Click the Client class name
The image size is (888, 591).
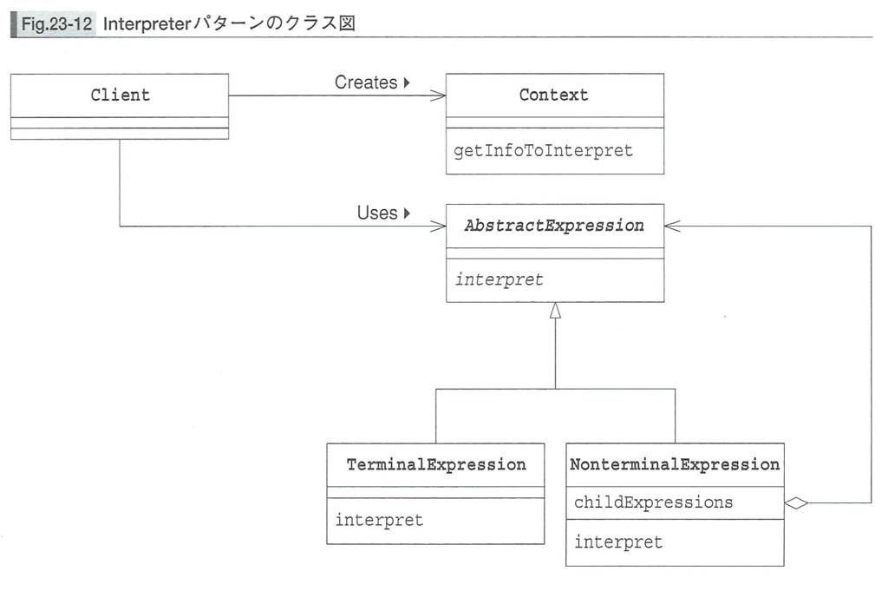120,95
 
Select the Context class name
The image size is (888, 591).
554,95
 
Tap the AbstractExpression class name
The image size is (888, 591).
554,226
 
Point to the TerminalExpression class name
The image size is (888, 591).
436,464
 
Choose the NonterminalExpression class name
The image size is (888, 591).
675,464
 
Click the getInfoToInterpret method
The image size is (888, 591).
543,150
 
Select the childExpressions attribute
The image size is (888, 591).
653,502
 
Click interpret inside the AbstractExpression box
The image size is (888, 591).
499,279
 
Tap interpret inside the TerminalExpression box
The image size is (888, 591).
379,520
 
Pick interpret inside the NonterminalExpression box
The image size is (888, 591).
617,542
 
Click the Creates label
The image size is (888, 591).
366,82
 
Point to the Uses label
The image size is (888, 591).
377,213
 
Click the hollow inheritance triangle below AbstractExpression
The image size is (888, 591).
555,310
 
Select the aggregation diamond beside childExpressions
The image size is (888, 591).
796,502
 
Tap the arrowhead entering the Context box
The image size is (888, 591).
438,95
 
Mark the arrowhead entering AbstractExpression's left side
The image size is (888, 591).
438,227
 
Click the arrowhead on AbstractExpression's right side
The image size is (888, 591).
673,227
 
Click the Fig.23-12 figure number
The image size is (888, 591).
56,23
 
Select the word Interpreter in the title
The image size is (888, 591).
147,23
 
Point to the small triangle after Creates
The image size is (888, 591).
407,82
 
